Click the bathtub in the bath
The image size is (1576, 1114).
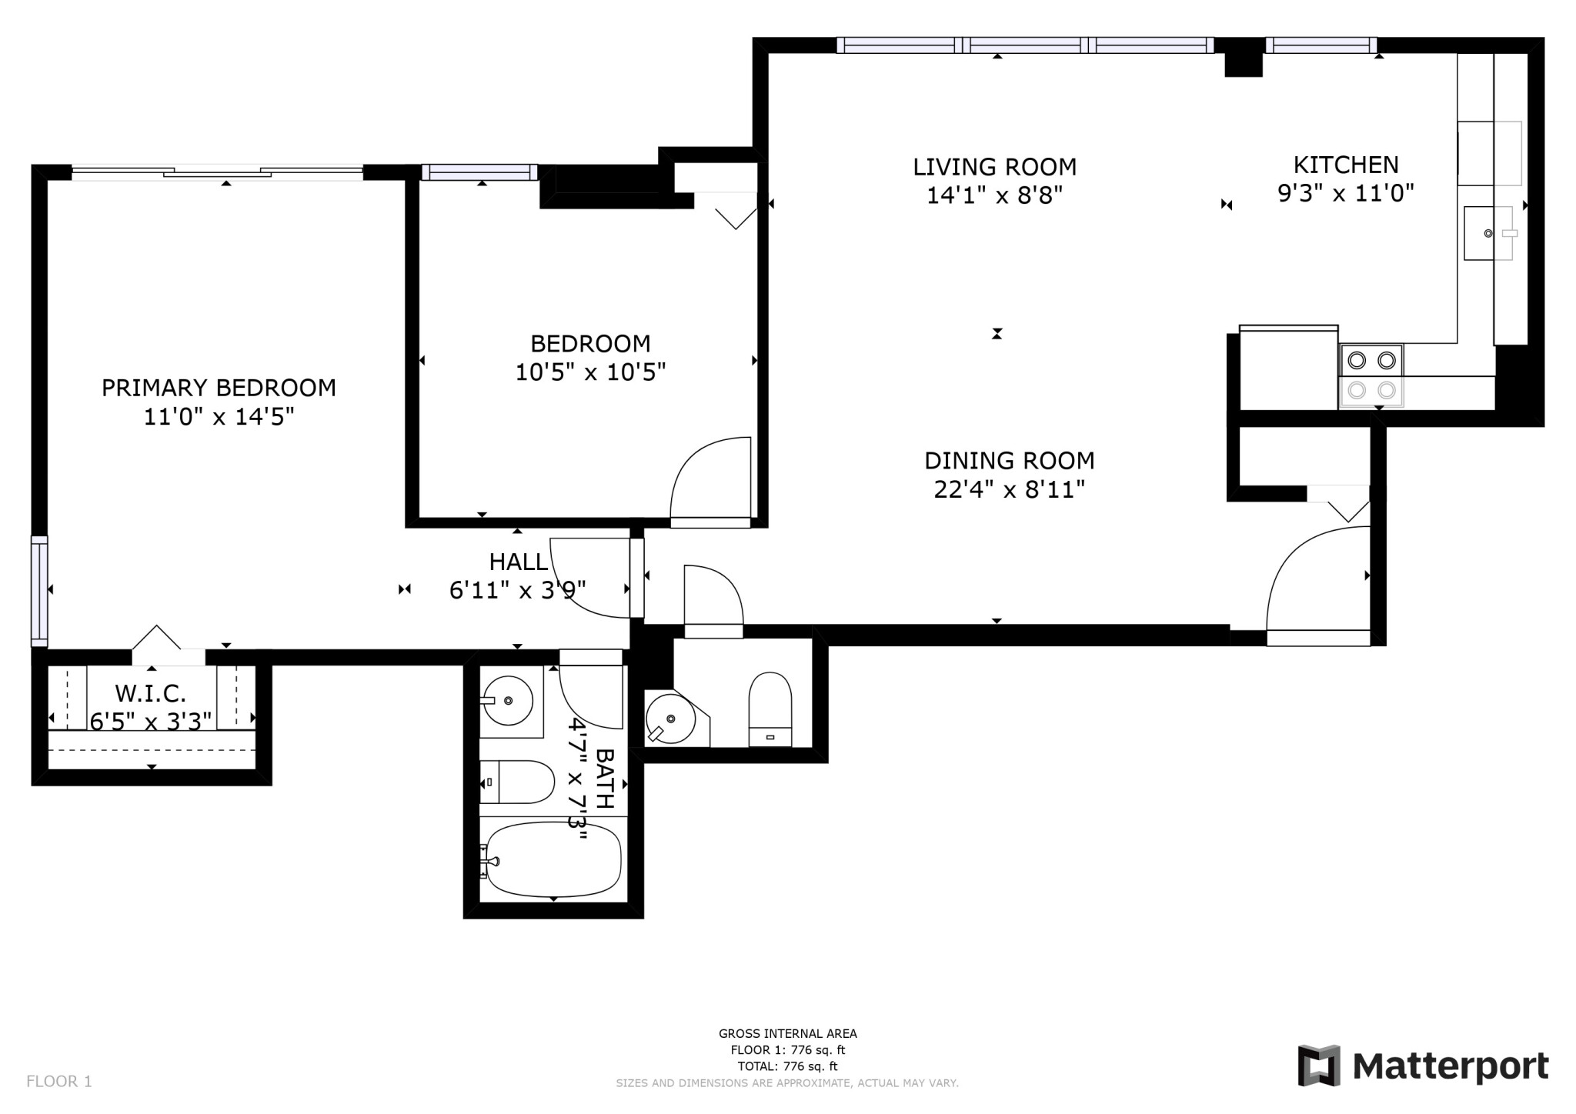tap(553, 860)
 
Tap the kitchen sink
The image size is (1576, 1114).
tap(1487, 233)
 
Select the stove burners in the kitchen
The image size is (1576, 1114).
tap(1371, 375)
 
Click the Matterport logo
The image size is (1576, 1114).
tap(1423, 1066)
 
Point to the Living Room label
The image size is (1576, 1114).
tap(994, 167)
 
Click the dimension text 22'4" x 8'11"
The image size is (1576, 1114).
tap(1009, 489)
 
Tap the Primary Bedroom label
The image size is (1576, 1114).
tap(219, 387)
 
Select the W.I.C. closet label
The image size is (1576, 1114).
tap(151, 693)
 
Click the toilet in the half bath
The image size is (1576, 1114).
tap(770, 709)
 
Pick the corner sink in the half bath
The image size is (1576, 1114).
tap(671, 719)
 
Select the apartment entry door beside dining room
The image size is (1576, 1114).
tap(1317, 585)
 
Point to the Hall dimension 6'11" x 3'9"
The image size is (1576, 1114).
tap(517, 590)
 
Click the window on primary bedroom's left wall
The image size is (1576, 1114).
tap(39, 591)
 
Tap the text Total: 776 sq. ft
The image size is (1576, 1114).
tap(787, 1066)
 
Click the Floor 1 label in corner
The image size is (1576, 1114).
tap(59, 1081)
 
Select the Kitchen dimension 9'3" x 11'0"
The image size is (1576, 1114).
tap(1346, 193)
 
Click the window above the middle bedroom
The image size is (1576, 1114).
tap(479, 172)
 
